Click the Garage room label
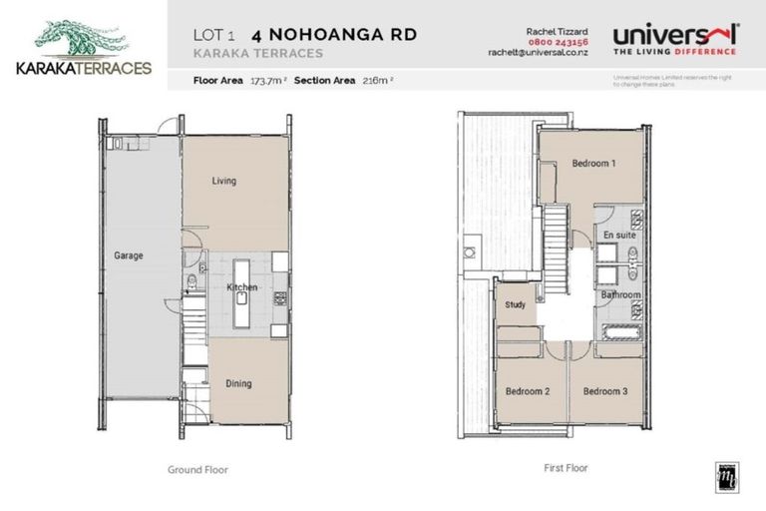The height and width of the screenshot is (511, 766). click(128, 255)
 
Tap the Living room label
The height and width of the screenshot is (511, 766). click(222, 181)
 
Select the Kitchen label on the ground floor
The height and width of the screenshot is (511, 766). click(241, 287)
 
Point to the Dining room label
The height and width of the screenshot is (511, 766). click(237, 383)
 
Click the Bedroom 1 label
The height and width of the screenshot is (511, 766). click(593, 164)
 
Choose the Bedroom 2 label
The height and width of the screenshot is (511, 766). click(528, 391)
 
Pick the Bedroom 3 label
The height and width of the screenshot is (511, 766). click(604, 391)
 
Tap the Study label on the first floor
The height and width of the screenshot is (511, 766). click(515, 305)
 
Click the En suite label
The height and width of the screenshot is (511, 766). click(618, 235)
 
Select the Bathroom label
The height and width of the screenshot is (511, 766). click(620, 296)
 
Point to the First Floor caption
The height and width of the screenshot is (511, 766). click(565, 466)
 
